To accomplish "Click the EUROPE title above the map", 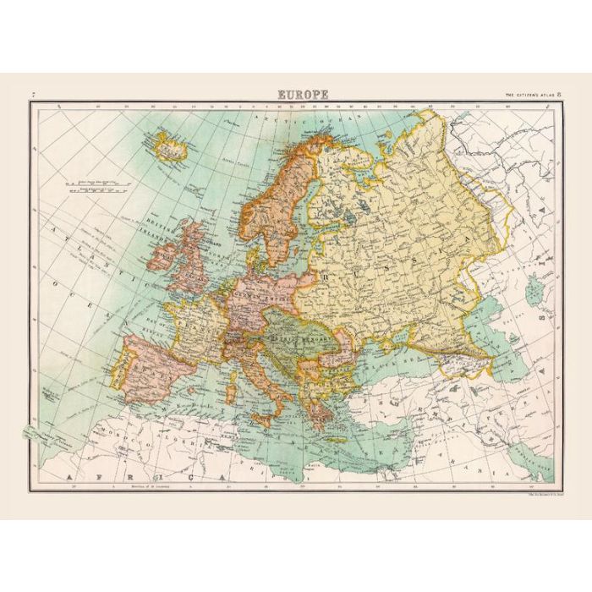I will click(x=302, y=95).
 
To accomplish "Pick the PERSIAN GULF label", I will click(x=541, y=461).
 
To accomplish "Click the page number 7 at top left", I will click(x=32, y=95).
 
